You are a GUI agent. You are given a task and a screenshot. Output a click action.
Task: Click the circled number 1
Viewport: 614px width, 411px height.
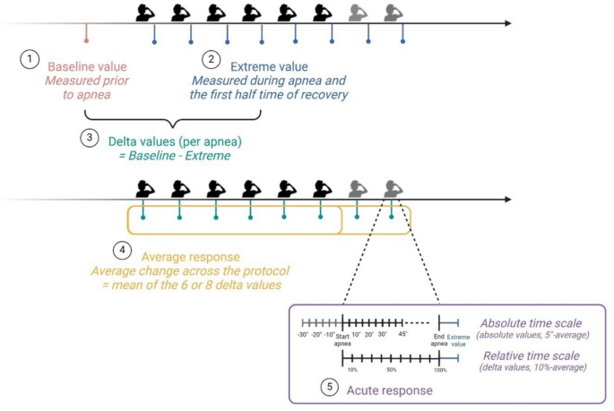point(30,59)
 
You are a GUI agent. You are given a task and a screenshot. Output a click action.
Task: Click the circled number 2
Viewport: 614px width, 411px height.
point(212,59)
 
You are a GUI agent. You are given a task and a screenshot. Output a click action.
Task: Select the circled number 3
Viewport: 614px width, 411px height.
point(88,138)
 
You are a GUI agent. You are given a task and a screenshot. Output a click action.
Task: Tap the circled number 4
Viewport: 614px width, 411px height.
point(125,248)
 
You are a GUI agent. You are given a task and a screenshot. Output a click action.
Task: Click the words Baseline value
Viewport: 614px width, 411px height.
point(87,67)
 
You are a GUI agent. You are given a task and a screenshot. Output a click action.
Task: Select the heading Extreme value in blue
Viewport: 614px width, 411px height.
point(269,67)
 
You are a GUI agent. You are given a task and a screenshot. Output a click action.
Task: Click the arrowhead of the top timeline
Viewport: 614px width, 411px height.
point(506,22)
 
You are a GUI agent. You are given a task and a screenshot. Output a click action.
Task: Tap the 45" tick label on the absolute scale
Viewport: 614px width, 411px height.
point(403,334)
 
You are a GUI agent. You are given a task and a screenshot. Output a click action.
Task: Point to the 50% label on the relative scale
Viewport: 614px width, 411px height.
point(391,369)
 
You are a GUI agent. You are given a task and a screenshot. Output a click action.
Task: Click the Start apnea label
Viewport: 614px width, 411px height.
point(342,338)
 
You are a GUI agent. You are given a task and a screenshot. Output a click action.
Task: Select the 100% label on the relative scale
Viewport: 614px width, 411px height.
point(439,369)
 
